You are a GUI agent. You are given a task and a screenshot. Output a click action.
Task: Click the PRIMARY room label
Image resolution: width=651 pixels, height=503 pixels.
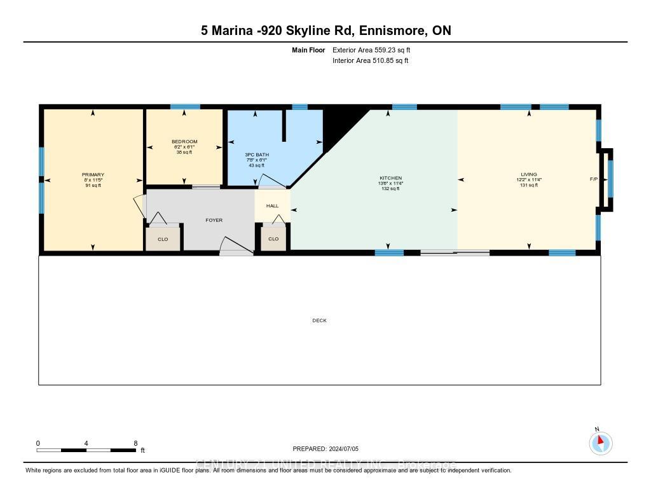click(93, 175)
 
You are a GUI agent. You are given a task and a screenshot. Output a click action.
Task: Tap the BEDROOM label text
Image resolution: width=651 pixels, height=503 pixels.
click(184, 141)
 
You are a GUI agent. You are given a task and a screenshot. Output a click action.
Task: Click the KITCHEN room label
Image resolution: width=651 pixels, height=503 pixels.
click(390, 178)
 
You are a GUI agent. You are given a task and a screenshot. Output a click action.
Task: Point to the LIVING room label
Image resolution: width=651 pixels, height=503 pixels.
click(528, 174)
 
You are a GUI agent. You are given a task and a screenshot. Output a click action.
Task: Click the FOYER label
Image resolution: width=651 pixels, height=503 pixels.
click(214, 220)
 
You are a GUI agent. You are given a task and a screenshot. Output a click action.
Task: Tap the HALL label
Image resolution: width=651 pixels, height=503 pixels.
click(272, 206)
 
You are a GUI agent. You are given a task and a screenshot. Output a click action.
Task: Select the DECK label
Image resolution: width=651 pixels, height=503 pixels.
click(319, 320)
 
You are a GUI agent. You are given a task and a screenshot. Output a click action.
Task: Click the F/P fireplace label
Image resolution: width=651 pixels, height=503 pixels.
click(593, 179)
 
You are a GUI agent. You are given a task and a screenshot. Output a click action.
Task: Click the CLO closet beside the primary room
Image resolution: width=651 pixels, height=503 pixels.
click(162, 239)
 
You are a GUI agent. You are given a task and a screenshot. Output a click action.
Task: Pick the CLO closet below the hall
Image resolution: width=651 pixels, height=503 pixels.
click(273, 239)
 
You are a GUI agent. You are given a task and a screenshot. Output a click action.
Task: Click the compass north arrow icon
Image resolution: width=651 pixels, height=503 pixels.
click(600, 443)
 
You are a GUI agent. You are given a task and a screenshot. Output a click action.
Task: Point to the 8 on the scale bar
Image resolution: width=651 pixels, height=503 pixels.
click(135, 443)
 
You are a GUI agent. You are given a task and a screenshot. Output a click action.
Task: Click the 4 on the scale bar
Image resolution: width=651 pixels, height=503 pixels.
click(86, 443)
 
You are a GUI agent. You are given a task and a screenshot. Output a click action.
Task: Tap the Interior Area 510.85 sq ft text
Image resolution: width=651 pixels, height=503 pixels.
click(370, 61)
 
